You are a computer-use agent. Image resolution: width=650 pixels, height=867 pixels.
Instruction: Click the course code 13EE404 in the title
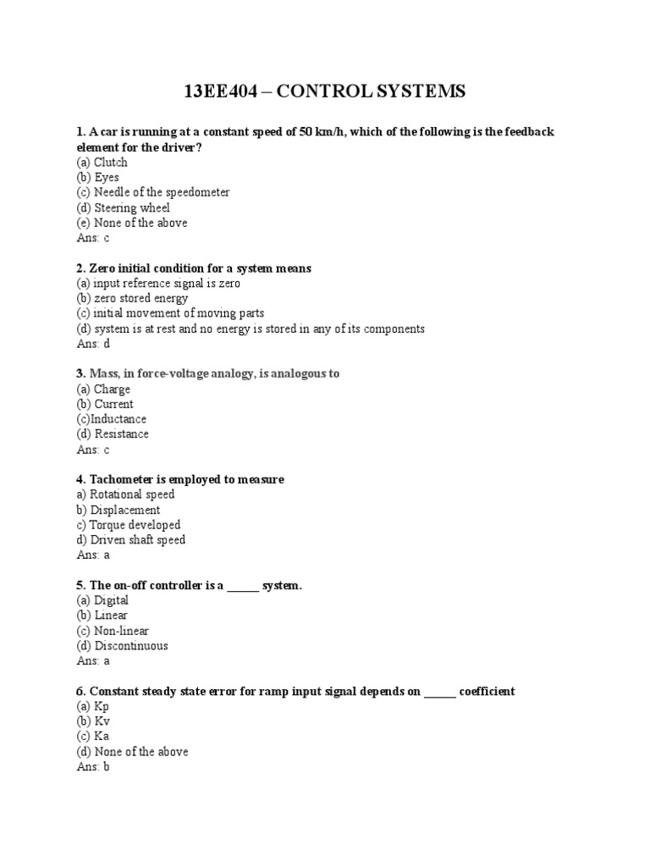(223, 91)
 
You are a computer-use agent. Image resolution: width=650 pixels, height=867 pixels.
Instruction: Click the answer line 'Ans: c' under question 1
(93, 239)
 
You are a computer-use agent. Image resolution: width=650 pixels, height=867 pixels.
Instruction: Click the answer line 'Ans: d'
(93, 345)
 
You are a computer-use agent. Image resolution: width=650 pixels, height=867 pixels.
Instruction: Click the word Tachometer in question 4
(123, 480)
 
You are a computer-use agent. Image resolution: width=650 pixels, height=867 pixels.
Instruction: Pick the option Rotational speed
(125, 494)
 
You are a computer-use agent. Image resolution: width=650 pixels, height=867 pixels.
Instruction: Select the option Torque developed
(128, 525)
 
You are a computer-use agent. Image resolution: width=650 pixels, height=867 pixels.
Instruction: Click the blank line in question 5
(243, 586)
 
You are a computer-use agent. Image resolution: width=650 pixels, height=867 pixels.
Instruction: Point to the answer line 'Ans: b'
(93, 767)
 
